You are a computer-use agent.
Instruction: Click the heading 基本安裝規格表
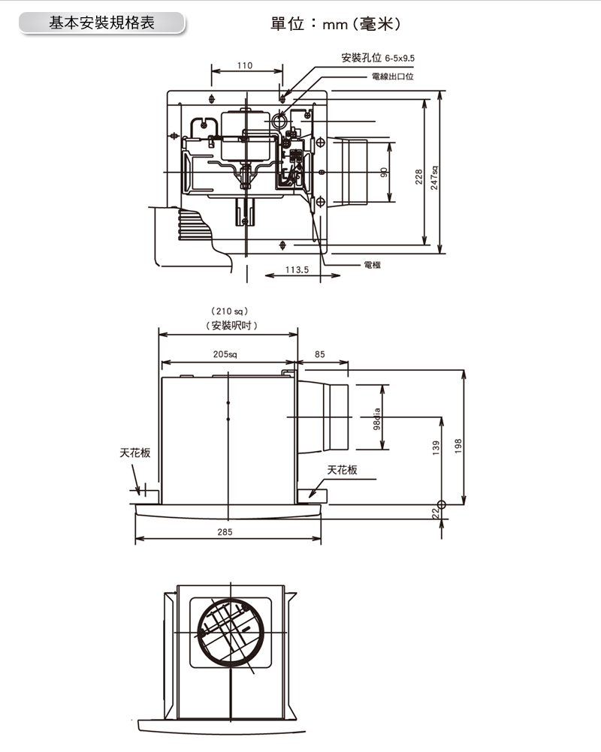101,23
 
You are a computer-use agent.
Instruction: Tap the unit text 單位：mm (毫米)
336,23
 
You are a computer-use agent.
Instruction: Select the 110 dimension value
245,65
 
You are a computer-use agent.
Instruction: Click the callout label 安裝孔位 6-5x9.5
378,58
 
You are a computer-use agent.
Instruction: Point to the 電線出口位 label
393,77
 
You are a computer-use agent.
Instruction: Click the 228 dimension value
418,177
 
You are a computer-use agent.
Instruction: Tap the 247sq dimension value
434,178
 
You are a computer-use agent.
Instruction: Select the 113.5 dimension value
297,270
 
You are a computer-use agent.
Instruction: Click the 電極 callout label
373,265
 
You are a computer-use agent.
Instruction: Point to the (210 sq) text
229,311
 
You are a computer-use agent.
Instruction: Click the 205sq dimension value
225,354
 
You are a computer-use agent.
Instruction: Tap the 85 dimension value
320,354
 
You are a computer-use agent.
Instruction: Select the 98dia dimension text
377,419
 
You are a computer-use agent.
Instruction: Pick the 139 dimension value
436,447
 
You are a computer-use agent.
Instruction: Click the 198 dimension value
458,447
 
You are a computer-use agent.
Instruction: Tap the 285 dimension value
225,532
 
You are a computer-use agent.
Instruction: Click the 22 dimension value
435,513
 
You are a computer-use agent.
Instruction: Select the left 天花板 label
135,453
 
